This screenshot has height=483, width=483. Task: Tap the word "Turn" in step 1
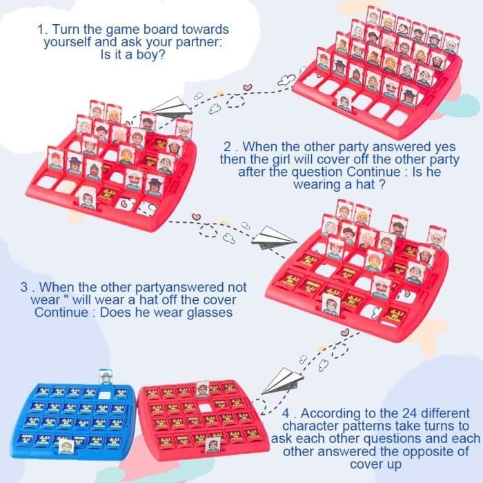(x=66, y=30)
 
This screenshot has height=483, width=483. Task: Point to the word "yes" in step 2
(x=445, y=147)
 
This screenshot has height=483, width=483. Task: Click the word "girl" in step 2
(x=281, y=160)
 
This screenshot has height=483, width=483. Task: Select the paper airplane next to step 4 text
(x=282, y=381)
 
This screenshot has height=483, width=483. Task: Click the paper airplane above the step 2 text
(x=171, y=107)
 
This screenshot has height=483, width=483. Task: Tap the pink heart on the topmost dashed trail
(x=247, y=88)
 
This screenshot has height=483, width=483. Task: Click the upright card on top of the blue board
(x=106, y=377)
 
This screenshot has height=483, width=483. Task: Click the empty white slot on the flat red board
(x=204, y=408)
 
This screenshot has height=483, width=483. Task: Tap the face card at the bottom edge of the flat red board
(x=213, y=445)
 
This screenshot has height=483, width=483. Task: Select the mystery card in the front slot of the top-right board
(x=345, y=104)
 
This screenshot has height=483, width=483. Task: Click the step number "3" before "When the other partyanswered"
(x=24, y=287)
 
